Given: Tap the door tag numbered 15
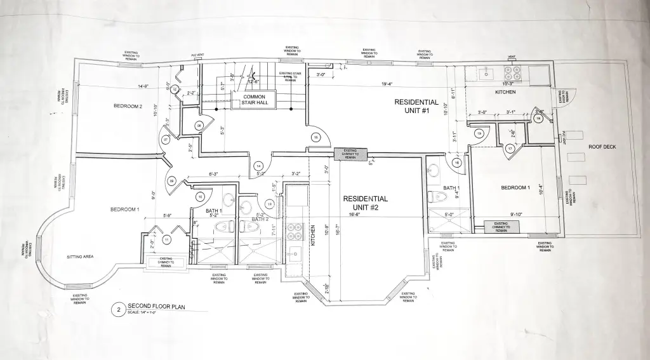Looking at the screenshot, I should click(315, 137).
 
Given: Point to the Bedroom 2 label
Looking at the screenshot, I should click(128, 106).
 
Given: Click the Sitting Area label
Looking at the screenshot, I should click(81, 257).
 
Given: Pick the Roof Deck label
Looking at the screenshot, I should click(602, 147).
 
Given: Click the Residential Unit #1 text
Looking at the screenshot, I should click(416, 105).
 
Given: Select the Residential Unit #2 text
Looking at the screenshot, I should click(365, 203).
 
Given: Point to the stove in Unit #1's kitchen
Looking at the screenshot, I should click(512, 73).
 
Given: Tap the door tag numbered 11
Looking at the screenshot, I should click(166, 240).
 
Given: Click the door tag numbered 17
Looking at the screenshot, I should click(510, 149).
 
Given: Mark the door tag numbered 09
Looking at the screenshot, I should click(171, 182).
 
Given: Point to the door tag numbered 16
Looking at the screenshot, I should click(457, 163).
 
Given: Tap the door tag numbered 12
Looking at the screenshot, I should click(270, 204).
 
